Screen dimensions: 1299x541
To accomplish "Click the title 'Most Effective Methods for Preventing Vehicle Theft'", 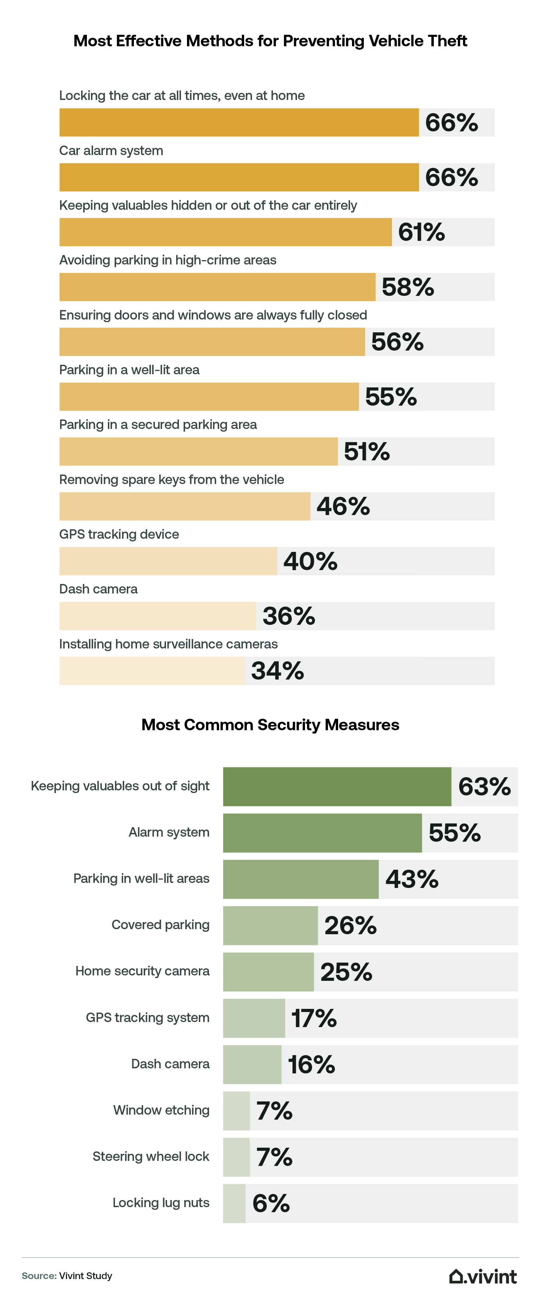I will (x=270, y=41).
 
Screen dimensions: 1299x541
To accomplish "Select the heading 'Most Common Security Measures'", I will (x=270, y=724).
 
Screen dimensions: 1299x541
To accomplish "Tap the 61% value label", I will (x=421, y=232).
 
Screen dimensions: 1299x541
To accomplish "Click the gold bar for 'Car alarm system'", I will (x=239, y=178).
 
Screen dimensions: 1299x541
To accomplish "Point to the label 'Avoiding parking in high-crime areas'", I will (x=168, y=260).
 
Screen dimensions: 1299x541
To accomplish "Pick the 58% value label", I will (x=408, y=287).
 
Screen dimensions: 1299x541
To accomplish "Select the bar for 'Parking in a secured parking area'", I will (x=198, y=451).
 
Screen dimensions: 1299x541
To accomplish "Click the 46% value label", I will (x=343, y=506).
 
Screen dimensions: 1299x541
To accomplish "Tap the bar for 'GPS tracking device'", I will (x=168, y=561).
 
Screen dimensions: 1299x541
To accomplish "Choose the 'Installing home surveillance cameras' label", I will (x=168, y=644).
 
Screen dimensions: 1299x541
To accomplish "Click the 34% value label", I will (x=278, y=671).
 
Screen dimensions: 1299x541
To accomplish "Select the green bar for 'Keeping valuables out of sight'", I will (x=337, y=787).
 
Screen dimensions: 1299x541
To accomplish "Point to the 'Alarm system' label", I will (x=169, y=832).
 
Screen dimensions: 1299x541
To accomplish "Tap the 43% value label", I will (x=412, y=880).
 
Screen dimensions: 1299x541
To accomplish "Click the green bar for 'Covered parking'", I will (x=270, y=925).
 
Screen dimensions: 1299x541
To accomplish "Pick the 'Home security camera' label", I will (x=142, y=971).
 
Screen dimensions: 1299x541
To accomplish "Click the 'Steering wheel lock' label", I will (x=150, y=1156).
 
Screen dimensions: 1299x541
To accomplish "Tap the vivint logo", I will (x=483, y=1276).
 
